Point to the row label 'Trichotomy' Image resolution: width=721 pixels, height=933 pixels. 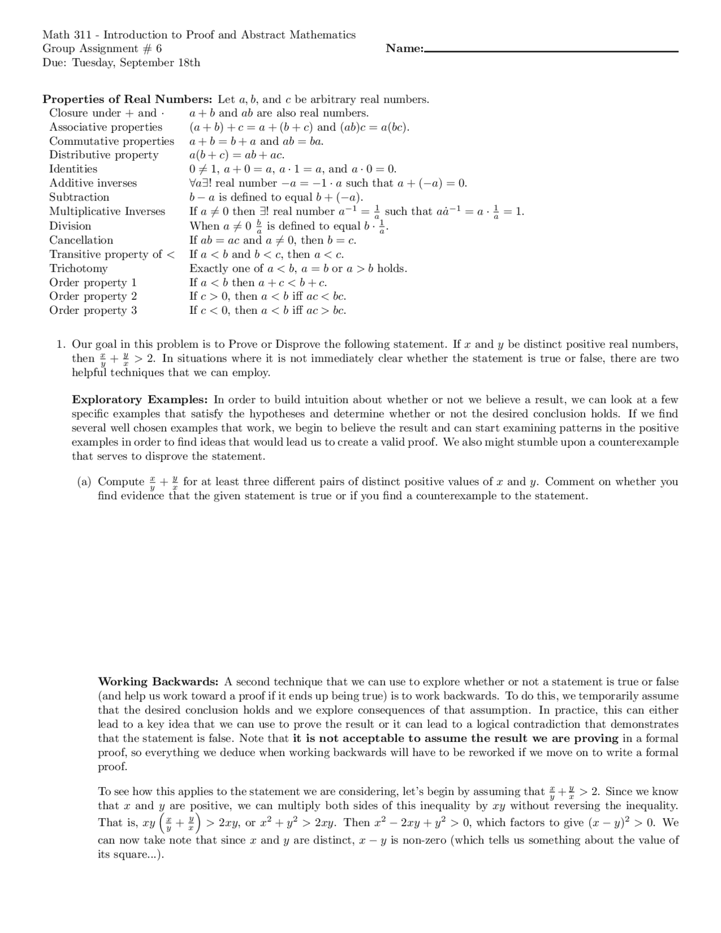coord(78,269)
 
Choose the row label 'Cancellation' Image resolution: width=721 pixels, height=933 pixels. coord(81,241)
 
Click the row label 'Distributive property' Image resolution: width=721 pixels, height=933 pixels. coord(104,155)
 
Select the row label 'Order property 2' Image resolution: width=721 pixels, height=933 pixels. coord(93,296)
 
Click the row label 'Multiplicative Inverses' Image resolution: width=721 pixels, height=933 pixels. coord(107,212)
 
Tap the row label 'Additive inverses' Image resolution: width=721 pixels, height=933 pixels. coord(93,183)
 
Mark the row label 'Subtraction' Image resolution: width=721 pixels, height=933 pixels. coord(79,197)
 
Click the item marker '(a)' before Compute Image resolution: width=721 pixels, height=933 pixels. coord(84,482)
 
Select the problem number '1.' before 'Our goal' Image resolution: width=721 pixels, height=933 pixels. coord(61,344)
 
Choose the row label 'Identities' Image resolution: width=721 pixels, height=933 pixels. coord(73,169)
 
